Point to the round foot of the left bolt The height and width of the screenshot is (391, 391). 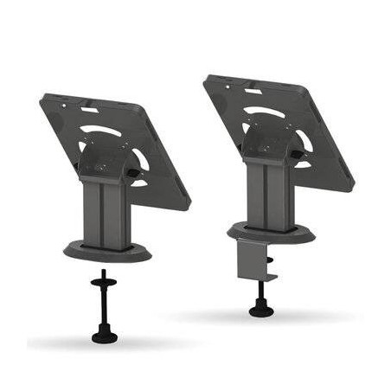coord(105,334)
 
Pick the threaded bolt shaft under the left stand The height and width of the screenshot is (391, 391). coord(105,303)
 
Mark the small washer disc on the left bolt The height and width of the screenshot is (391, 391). coord(105,279)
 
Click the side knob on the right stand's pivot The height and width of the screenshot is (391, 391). coord(296,156)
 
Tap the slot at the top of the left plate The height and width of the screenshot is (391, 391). coord(89,109)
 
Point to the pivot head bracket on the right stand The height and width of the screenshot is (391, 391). coord(268,143)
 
